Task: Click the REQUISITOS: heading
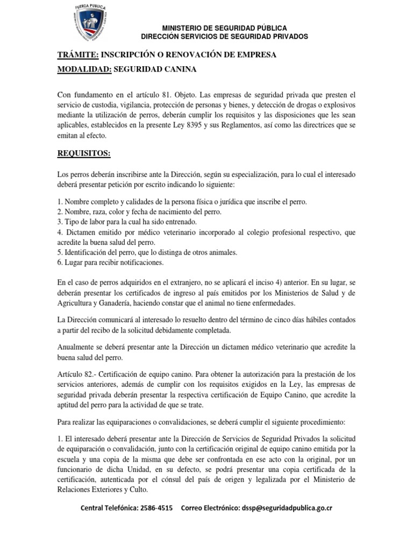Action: [x=83, y=153]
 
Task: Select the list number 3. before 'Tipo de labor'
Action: [x=60, y=222]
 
